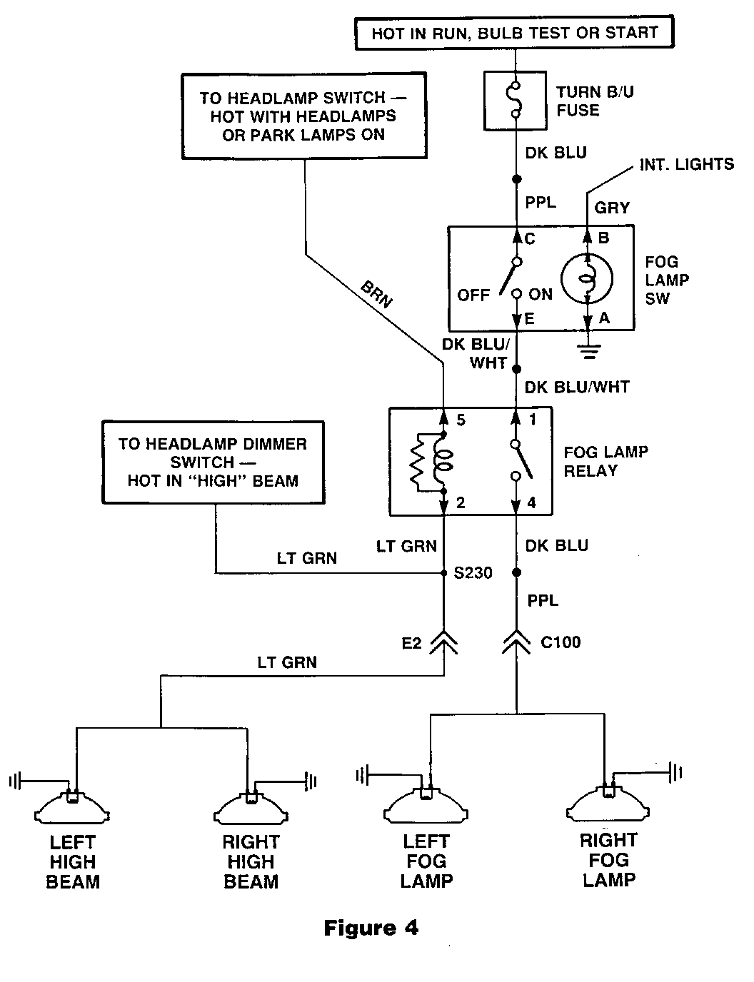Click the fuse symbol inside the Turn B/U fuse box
point(516,100)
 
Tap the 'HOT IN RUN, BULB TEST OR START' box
point(514,33)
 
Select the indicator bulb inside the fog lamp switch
point(587,278)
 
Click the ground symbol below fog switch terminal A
point(588,350)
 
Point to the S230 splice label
point(473,572)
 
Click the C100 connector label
point(561,642)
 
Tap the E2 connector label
point(411,643)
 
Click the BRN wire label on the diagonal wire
point(376,294)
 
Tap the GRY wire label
point(612,208)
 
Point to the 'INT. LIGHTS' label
point(687,164)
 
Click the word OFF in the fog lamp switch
point(473,295)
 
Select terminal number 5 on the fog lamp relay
point(461,420)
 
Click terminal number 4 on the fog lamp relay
point(532,502)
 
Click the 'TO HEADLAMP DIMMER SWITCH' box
point(213,462)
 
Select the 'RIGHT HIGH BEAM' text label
point(251,862)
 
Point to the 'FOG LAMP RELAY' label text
point(605,462)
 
